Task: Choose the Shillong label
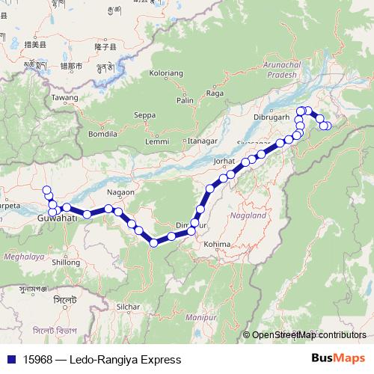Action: coord(66,263)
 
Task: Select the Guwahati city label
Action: coord(58,218)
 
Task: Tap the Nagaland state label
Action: coord(249,215)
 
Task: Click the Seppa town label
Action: coord(144,115)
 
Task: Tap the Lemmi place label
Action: coord(158,141)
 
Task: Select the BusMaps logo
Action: coord(339,359)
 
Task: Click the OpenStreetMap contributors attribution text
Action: coord(308,335)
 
